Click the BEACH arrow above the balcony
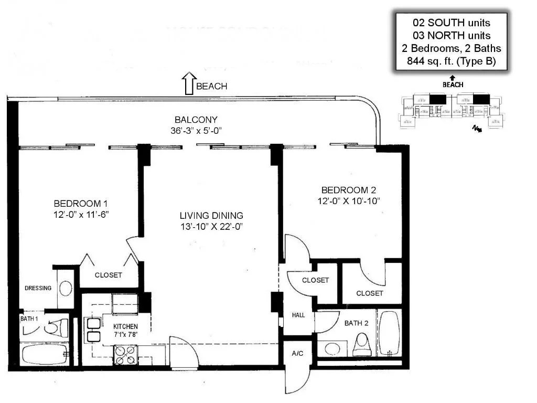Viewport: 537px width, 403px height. (188, 84)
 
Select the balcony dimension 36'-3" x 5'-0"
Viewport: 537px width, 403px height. (197, 131)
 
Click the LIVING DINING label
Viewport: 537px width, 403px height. (211, 216)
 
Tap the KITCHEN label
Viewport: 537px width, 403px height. (125, 326)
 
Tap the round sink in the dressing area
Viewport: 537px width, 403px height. (66, 288)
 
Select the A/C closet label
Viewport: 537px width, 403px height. (297, 354)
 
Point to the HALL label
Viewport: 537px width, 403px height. (298, 315)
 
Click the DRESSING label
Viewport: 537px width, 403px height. (38, 288)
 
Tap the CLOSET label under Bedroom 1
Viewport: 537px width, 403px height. (109, 275)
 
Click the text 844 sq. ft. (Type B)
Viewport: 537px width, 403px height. (451, 61)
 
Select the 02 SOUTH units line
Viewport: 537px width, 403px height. (451, 23)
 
